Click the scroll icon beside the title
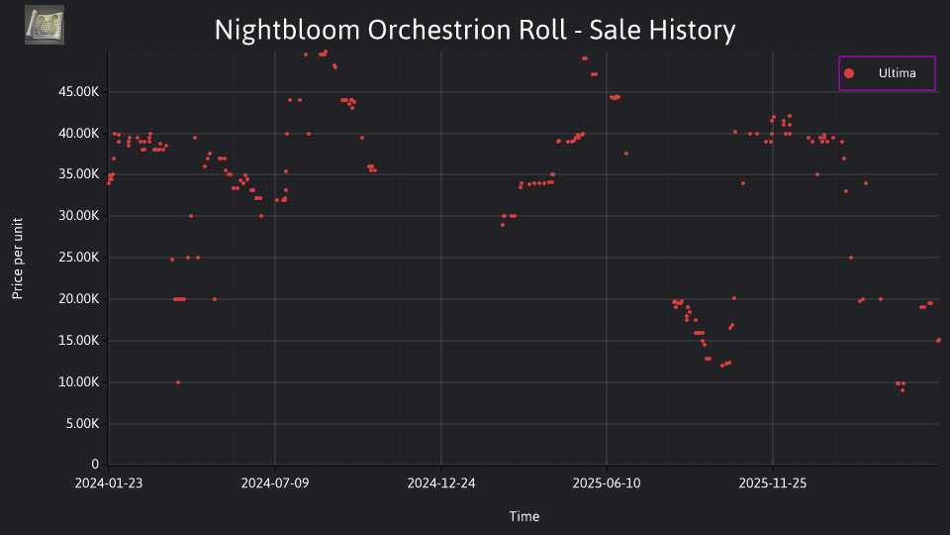(45, 25)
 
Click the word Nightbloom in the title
(287, 30)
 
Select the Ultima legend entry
(887, 73)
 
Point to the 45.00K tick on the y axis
(79, 92)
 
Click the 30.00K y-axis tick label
(79, 216)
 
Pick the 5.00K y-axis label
(82, 423)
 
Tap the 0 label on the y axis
(95, 464)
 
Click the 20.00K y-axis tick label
(79, 299)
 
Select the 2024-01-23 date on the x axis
(109, 483)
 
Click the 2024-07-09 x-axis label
(275, 483)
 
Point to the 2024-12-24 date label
(441, 483)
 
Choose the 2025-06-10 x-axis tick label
(607, 483)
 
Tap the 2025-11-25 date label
(773, 483)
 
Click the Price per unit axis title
(17, 259)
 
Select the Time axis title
(524, 516)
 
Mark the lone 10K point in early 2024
(178, 382)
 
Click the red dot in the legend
(849, 73)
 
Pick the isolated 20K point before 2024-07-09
(215, 299)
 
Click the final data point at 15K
(938, 340)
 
